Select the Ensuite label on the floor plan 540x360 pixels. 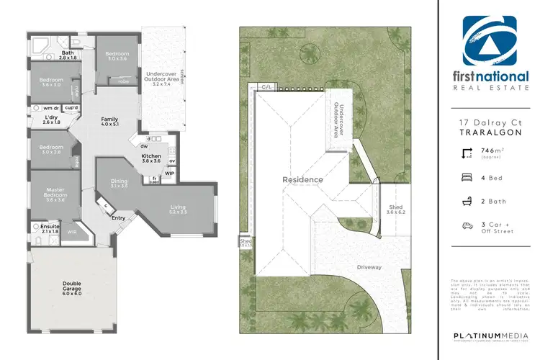(x=50, y=228)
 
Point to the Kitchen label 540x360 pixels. (x=151, y=158)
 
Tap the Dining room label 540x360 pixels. (x=119, y=183)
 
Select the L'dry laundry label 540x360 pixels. (x=51, y=120)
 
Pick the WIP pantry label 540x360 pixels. (x=169, y=173)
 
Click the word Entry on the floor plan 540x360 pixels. (x=119, y=218)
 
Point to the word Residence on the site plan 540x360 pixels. (x=302, y=179)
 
